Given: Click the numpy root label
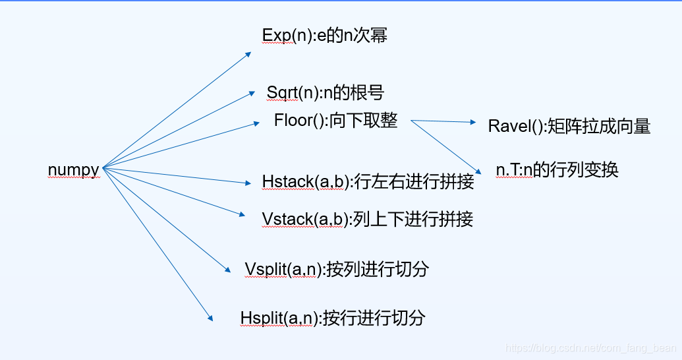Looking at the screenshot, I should pyautogui.click(x=73, y=169).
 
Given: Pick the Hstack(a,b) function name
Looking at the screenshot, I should pyautogui.click(x=305, y=181).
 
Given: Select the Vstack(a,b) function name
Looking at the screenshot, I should pyautogui.click(x=304, y=219).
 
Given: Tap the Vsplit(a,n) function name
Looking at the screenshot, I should pyautogui.click(x=283, y=269).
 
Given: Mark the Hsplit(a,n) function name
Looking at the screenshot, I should pyautogui.click(x=279, y=318).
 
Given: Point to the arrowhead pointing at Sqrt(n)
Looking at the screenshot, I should pyautogui.click(x=252, y=94).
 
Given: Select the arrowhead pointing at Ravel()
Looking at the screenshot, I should pyautogui.click(x=472, y=123).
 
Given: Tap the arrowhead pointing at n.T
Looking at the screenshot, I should pyautogui.click(x=480, y=169).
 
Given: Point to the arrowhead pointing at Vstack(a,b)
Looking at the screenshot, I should pyautogui.click(x=242, y=212).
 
